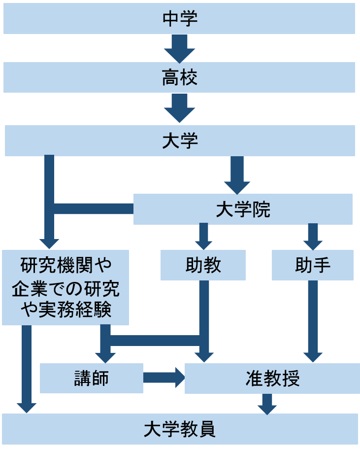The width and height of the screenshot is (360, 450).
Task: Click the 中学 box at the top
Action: point(179,19)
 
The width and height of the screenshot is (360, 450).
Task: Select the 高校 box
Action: point(179,77)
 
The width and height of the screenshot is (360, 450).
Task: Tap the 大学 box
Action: point(179,140)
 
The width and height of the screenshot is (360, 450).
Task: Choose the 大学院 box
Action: point(243,209)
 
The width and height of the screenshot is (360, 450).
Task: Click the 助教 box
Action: point(203,265)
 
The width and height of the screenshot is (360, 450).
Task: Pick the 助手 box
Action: point(312,265)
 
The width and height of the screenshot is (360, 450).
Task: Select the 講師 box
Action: point(91,378)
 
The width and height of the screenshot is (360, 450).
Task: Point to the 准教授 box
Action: point(272,379)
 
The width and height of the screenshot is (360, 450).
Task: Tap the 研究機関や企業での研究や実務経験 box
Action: point(65,287)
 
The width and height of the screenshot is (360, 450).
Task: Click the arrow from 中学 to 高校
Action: point(179,48)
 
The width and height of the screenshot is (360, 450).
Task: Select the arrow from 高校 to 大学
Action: point(179,107)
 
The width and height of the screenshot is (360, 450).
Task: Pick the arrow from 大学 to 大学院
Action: point(237,174)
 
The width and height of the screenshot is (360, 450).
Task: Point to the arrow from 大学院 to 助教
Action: point(203,236)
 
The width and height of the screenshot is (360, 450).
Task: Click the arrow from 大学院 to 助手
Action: point(313,236)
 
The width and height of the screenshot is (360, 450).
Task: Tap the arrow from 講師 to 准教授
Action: point(163,378)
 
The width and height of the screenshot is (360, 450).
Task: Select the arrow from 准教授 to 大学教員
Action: point(267,404)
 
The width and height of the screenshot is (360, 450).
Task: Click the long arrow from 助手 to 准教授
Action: point(313,320)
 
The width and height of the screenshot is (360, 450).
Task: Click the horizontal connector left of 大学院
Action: point(94,208)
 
